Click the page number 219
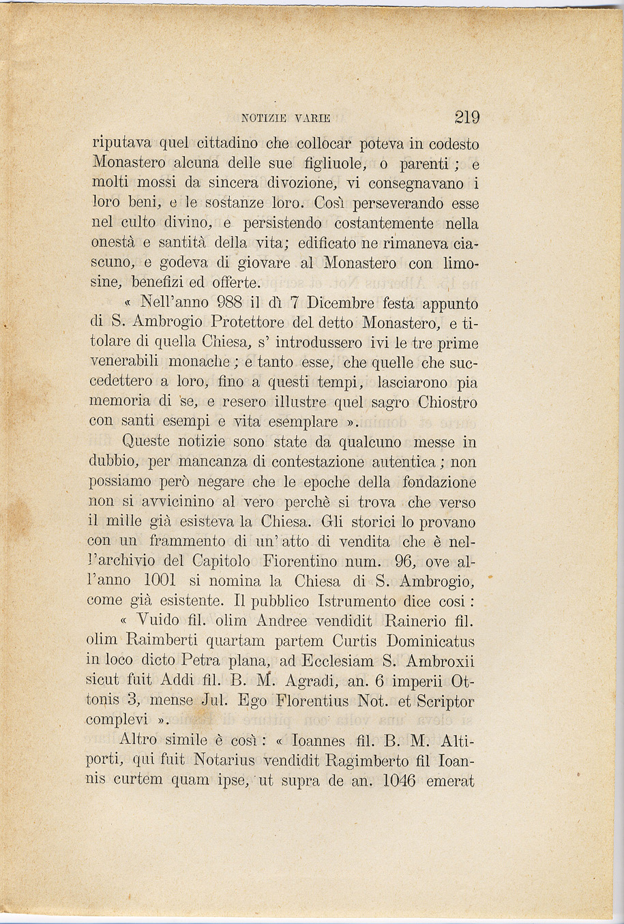(467, 117)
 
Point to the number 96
(396, 562)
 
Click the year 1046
(399, 780)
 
